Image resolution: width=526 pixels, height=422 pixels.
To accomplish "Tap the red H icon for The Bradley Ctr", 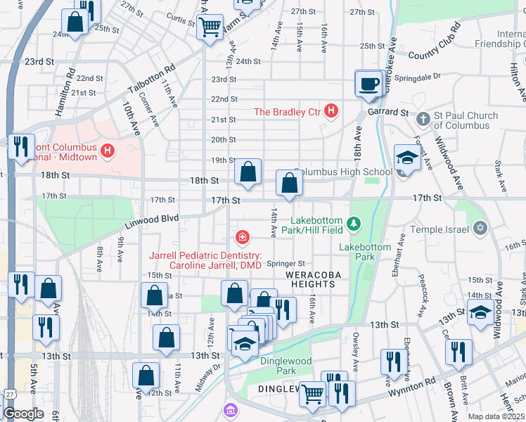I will point(332,112).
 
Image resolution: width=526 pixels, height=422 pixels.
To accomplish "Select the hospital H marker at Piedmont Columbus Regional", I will point(108,150).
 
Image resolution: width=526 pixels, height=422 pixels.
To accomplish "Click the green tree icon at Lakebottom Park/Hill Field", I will point(355,224).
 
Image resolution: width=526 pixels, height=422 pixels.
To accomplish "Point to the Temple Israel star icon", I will point(480,228).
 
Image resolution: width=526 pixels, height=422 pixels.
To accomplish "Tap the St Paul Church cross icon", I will point(423,119).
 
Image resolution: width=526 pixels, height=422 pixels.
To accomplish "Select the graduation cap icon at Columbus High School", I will point(407,158).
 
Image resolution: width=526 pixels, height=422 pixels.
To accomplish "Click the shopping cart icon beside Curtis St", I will point(210,27).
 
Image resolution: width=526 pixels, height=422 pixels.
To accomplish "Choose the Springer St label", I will point(285,263).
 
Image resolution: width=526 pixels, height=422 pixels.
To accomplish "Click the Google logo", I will point(23,414).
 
